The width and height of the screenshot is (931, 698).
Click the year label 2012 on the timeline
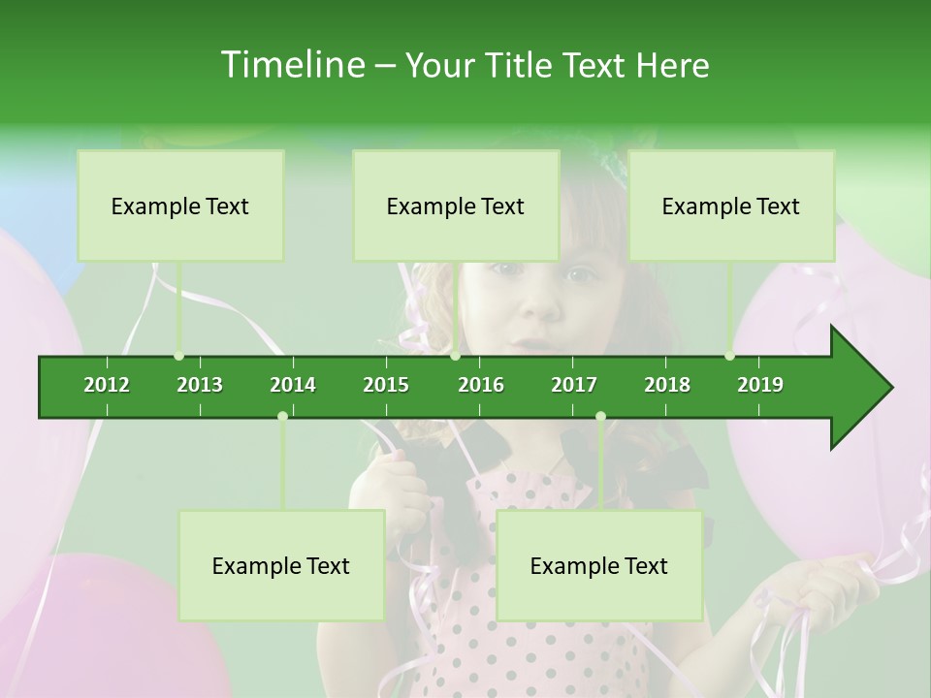pos(107,385)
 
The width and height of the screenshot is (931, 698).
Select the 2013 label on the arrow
pos(200,385)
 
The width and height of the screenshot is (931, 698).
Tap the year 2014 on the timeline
pos(293,385)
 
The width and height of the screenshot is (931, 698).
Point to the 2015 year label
pos(386,385)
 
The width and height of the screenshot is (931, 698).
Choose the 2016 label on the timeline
pos(481,385)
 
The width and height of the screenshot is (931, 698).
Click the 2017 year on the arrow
pos(574,385)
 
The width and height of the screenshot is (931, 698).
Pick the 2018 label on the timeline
pos(667,385)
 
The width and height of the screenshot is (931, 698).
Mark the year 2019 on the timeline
pos(760,385)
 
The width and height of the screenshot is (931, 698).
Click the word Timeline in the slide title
pos(291,65)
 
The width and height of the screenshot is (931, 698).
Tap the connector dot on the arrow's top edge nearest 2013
pos(178,356)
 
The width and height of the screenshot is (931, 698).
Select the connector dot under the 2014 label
pos(282,416)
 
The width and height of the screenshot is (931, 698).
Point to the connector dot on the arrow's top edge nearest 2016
pos(455,356)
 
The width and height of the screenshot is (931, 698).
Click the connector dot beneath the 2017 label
pos(600,416)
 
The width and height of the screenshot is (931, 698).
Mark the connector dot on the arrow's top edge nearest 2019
pos(729,356)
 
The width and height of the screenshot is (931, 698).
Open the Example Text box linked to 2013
pos(180,206)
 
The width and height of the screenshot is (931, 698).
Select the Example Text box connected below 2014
pos(281,566)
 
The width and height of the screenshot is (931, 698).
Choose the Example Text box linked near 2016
pos(456,206)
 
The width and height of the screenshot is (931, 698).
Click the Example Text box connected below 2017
pos(599,566)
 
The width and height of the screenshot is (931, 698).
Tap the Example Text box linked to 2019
pos(731,206)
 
